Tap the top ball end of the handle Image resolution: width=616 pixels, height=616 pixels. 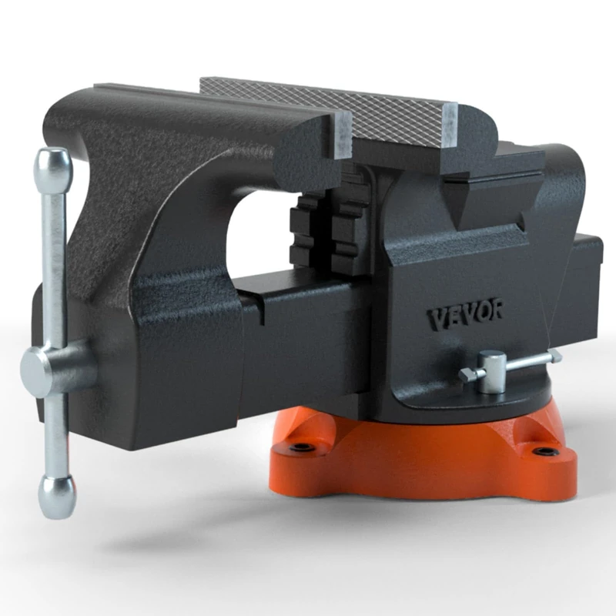[53, 163]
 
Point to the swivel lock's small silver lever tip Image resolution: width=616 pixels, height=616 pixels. [553, 355]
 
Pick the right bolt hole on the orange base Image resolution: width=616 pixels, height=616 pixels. [547, 452]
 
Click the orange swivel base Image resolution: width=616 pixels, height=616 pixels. [416, 454]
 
